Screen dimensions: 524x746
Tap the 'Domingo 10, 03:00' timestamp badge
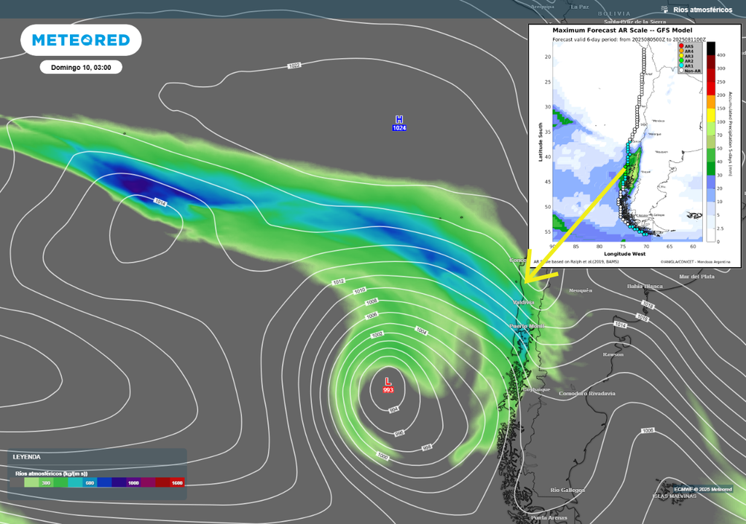pos(81,67)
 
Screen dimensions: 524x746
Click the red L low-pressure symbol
pos(388,381)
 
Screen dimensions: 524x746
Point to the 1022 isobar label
pos(294,66)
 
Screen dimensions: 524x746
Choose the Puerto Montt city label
pos(527,326)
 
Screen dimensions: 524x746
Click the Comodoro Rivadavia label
pos(586,394)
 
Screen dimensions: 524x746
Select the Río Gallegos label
pos(567,491)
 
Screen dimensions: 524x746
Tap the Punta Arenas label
pos(550,517)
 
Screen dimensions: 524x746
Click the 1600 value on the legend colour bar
pos(176,483)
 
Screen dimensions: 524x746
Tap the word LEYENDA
pos(27,457)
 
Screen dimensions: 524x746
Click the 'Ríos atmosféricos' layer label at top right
pos(702,9)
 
